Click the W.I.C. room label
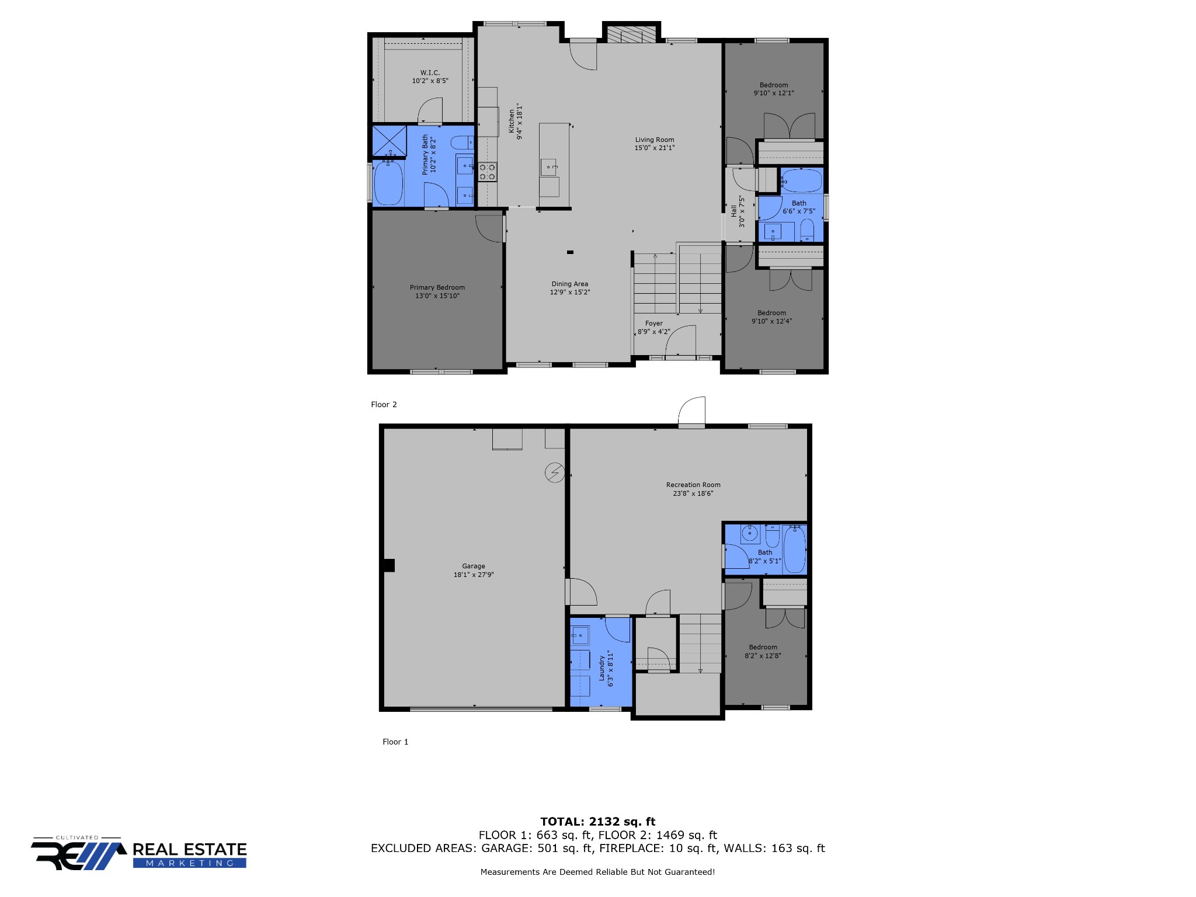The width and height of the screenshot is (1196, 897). pos(430,73)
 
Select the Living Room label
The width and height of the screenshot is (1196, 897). pos(655,140)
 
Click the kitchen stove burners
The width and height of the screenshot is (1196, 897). pos(487,172)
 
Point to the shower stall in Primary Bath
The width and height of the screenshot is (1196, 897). pos(390,141)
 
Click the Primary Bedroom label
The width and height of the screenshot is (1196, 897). pos(437,287)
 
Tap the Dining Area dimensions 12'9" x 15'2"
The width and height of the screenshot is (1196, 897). pos(570,293)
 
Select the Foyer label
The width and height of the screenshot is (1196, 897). pos(654,324)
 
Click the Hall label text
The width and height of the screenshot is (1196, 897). pos(734,211)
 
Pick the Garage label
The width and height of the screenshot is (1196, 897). pos(474,566)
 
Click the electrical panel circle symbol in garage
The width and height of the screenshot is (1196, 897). pos(555,472)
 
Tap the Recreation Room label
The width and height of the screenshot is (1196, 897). pos(693,485)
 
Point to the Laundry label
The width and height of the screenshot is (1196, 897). pos(602,668)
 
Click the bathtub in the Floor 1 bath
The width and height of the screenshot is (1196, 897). pos(794,549)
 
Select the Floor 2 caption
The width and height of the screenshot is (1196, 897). pos(384,405)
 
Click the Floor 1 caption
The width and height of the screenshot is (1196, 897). pos(395,742)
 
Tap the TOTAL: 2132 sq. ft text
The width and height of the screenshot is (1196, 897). pos(597,822)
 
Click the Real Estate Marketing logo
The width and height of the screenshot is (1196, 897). pos(139,853)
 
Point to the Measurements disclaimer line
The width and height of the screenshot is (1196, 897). pos(597,872)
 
